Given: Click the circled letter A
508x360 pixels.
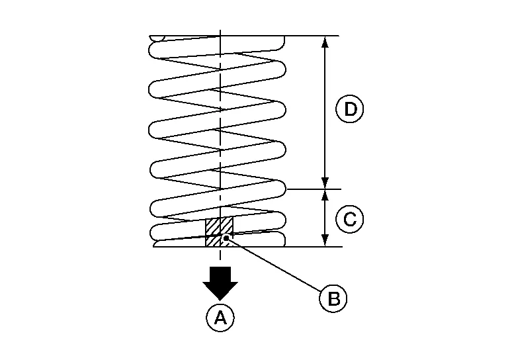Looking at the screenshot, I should [x=219, y=318].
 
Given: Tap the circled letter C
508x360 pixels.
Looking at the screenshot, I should [x=350, y=218].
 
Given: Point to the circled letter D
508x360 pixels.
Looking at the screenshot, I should [x=350, y=109].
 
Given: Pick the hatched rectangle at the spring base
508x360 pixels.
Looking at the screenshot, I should [x=218, y=232].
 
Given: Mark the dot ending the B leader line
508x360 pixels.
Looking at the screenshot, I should [x=227, y=238].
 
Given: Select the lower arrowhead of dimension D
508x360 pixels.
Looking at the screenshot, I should [x=324, y=183].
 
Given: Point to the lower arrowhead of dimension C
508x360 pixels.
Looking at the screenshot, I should [x=324, y=240].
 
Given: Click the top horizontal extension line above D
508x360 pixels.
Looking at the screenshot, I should [x=311, y=36].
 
